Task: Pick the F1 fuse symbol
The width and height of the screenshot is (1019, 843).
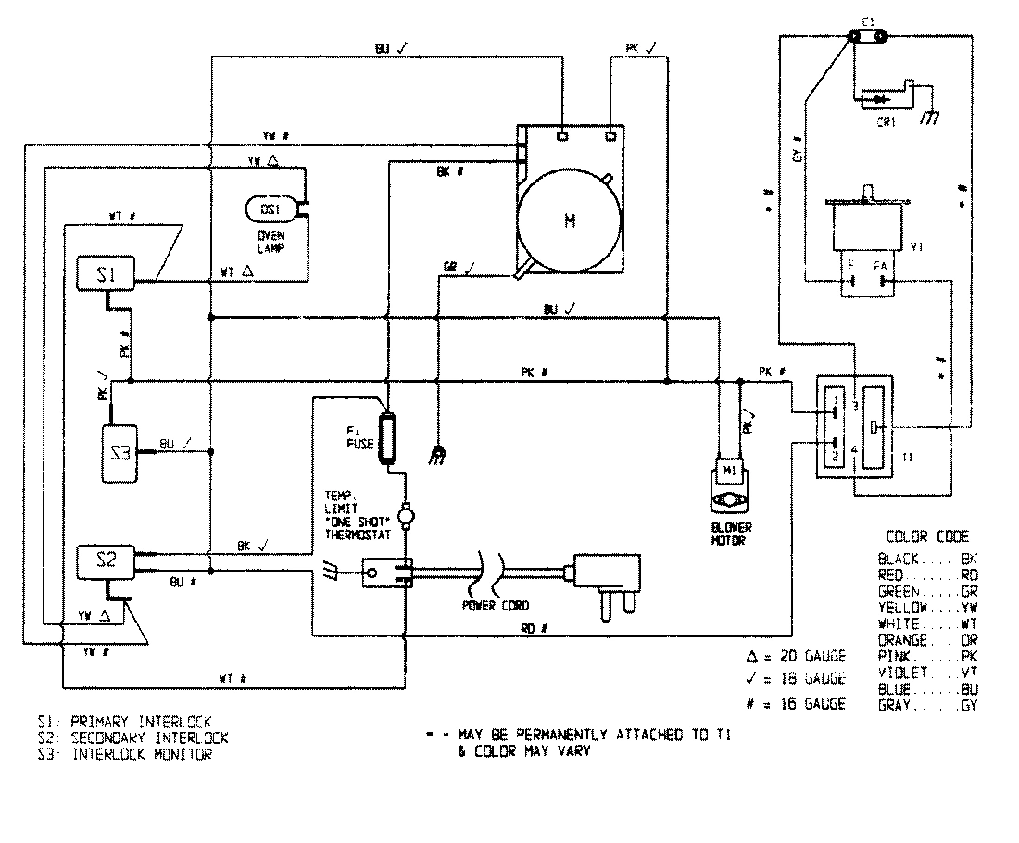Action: pos(387,431)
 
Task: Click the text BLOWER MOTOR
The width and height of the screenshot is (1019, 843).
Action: pos(731,533)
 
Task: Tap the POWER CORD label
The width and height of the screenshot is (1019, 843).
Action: pos(495,605)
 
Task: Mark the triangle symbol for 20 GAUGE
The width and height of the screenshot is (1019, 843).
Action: pos(752,656)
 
